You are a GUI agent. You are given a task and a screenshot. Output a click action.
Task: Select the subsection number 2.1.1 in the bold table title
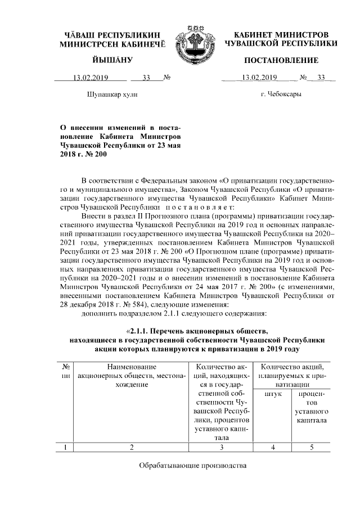[143, 331]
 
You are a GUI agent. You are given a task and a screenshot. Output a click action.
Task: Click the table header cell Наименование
[131, 367]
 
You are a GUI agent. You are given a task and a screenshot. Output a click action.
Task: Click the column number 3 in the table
[222, 448]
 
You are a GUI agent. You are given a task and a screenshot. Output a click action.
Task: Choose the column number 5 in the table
[311, 448]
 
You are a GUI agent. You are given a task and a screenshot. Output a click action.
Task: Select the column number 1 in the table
[66, 448]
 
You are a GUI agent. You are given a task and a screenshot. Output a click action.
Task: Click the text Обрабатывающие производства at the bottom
[193, 466]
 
